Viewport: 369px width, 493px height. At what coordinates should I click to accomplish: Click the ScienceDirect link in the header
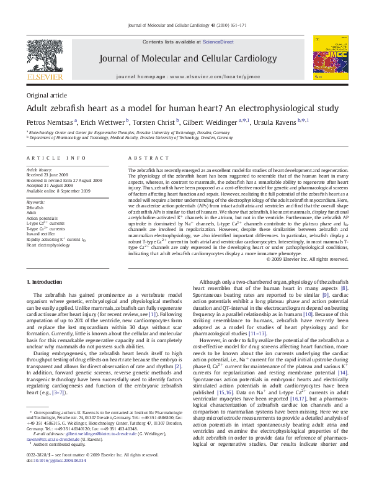tap(218, 41)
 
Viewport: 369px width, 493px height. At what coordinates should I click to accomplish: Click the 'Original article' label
tap(47, 95)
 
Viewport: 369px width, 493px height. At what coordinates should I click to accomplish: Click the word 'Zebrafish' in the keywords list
tap(37, 208)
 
